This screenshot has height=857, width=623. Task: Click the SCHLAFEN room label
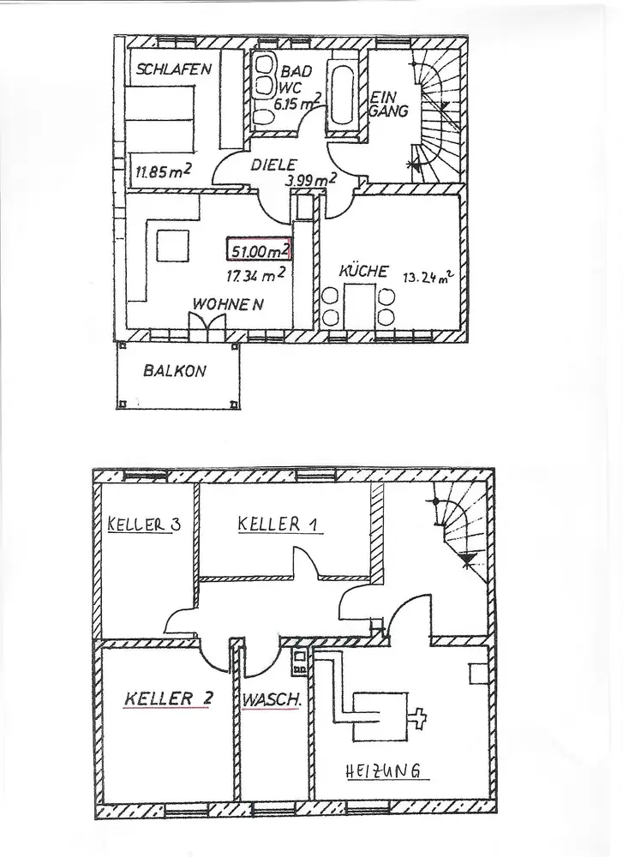171,70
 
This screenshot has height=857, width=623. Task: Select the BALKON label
176,372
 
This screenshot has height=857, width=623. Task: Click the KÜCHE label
363,272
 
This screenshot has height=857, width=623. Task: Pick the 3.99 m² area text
311,181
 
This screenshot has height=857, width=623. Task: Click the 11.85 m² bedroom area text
162,171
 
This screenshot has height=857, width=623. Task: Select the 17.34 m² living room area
255,275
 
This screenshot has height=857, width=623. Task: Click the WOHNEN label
227,304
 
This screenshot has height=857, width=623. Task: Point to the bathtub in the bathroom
344,97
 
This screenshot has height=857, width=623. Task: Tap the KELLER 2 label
168,698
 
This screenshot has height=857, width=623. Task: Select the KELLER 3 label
142,524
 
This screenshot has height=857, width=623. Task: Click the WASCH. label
271,700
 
